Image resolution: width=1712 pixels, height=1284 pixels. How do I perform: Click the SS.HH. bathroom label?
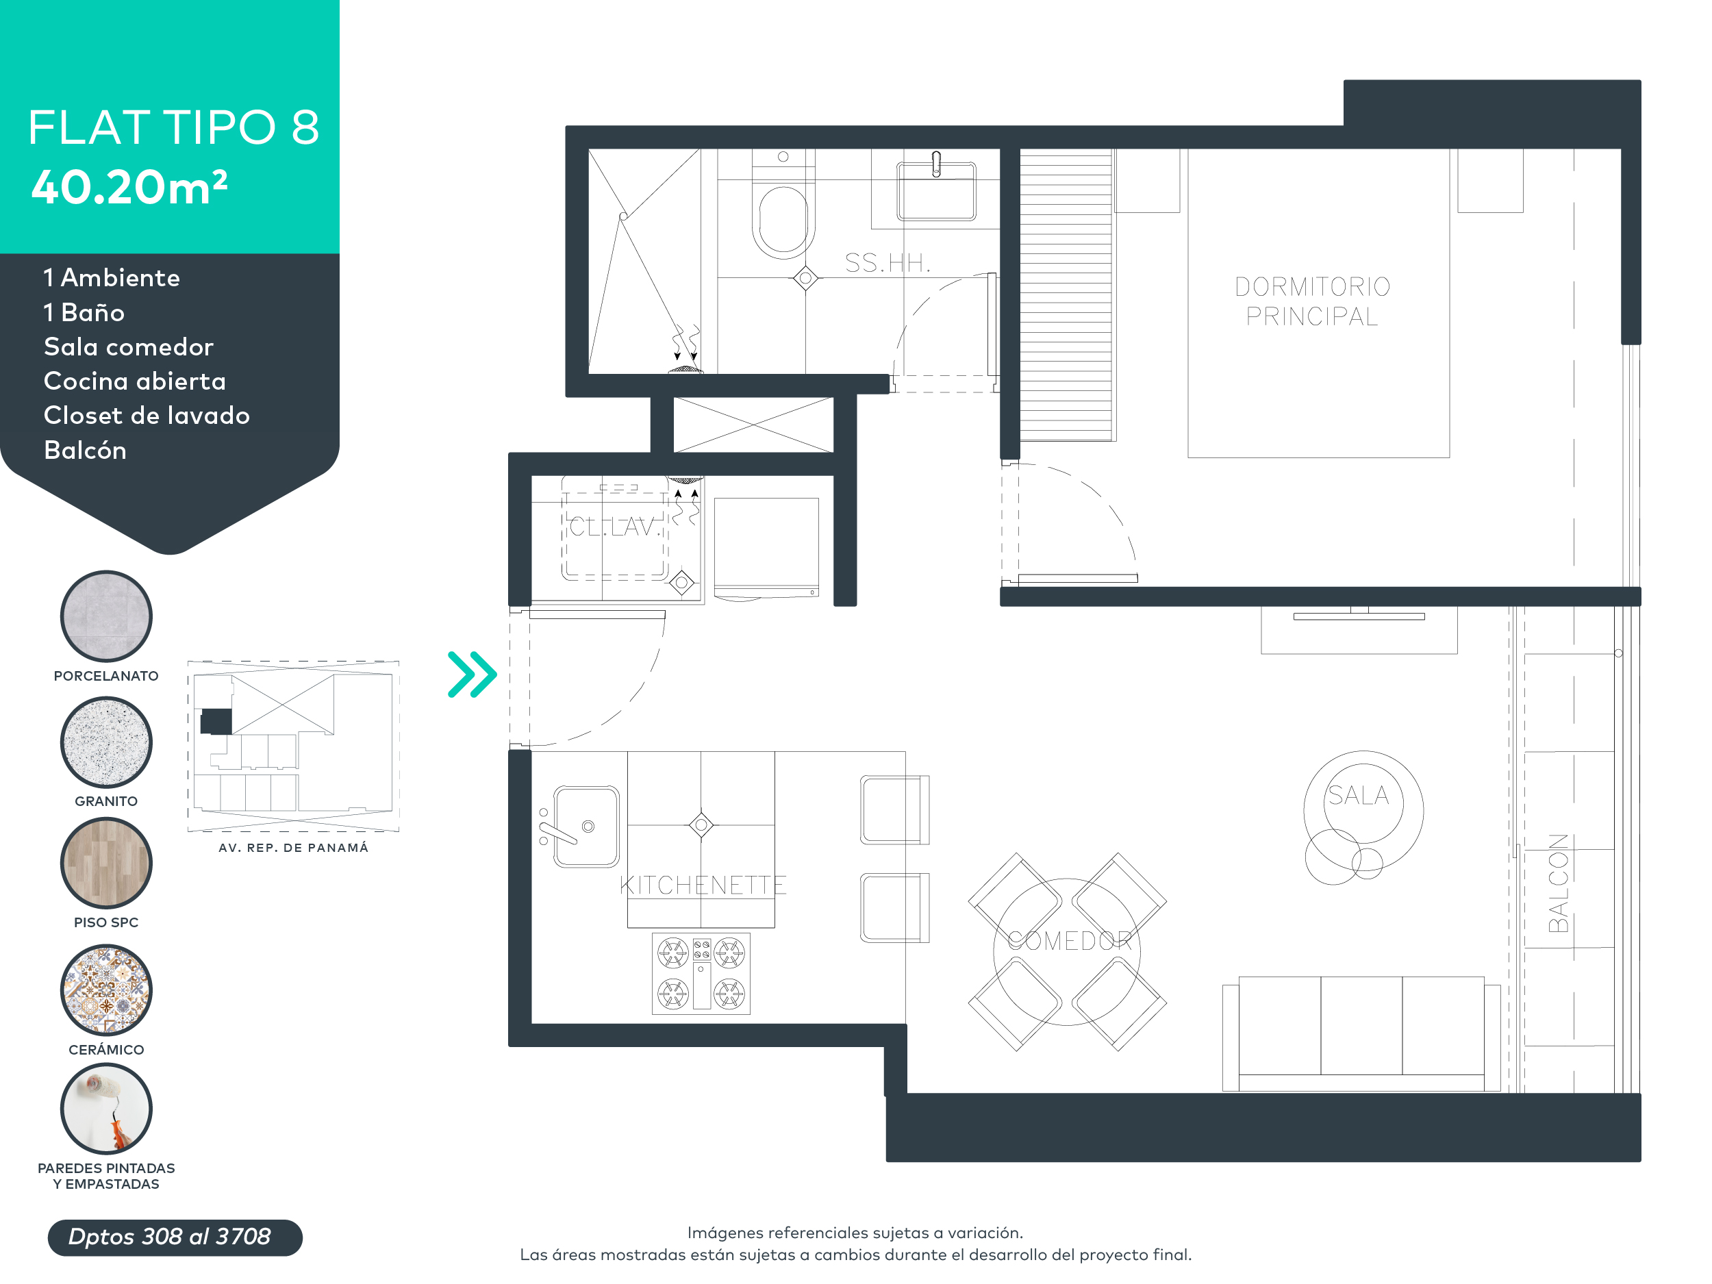point(887,263)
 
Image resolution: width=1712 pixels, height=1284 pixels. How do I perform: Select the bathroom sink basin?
point(935,192)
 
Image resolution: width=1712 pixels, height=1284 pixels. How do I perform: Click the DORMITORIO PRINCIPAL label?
point(1312,301)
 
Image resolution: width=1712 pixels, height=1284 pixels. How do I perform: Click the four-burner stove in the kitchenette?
point(701,973)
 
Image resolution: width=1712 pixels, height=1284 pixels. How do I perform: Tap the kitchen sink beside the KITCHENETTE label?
point(586,826)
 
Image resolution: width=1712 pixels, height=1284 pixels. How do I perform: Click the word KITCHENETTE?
point(702,885)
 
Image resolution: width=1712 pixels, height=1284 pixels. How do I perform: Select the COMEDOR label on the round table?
point(1069,940)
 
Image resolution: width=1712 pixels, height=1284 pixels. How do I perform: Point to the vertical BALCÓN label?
point(1557,882)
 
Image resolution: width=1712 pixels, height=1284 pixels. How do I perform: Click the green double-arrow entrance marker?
point(471,674)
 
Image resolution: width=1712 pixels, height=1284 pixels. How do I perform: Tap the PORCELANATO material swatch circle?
point(106,616)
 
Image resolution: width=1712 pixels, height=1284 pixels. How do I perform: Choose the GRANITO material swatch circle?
point(106,742)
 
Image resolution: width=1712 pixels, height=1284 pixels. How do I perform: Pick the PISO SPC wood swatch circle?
point(106,862)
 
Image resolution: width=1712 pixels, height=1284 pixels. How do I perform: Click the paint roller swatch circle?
point(106,1108)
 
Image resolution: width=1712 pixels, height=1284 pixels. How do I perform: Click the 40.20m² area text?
point(129,188)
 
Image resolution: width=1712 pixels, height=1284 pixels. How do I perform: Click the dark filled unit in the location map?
point(216,720)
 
